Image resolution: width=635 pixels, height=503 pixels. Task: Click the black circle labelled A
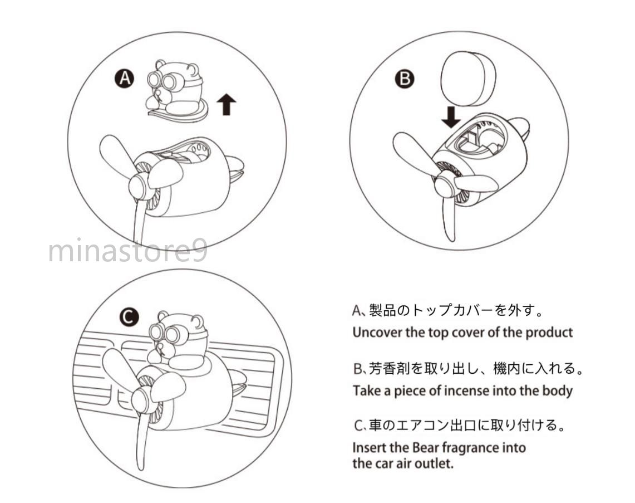click(124, 78)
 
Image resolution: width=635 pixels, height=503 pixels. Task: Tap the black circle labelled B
click(405, 78)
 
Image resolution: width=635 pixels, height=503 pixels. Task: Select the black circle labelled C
click(129, 317)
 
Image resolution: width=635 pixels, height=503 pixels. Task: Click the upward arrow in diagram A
click(227, 104)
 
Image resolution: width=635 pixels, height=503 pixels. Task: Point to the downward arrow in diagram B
click(451, 117)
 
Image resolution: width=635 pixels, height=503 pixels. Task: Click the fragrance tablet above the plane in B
click(467, 78)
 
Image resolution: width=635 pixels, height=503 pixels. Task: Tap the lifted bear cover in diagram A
click(176, 91)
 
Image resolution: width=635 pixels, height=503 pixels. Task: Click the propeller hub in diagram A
click(140, 187)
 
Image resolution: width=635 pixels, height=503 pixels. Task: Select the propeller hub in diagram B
click(446, 184)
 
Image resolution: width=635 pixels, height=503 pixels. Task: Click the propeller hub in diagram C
click(142, 399)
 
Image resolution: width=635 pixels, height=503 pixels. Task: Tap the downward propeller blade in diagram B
click(450, 218)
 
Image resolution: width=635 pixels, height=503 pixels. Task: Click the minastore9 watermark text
click(128, 251)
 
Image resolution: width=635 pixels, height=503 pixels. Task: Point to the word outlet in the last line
click(438, 463)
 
